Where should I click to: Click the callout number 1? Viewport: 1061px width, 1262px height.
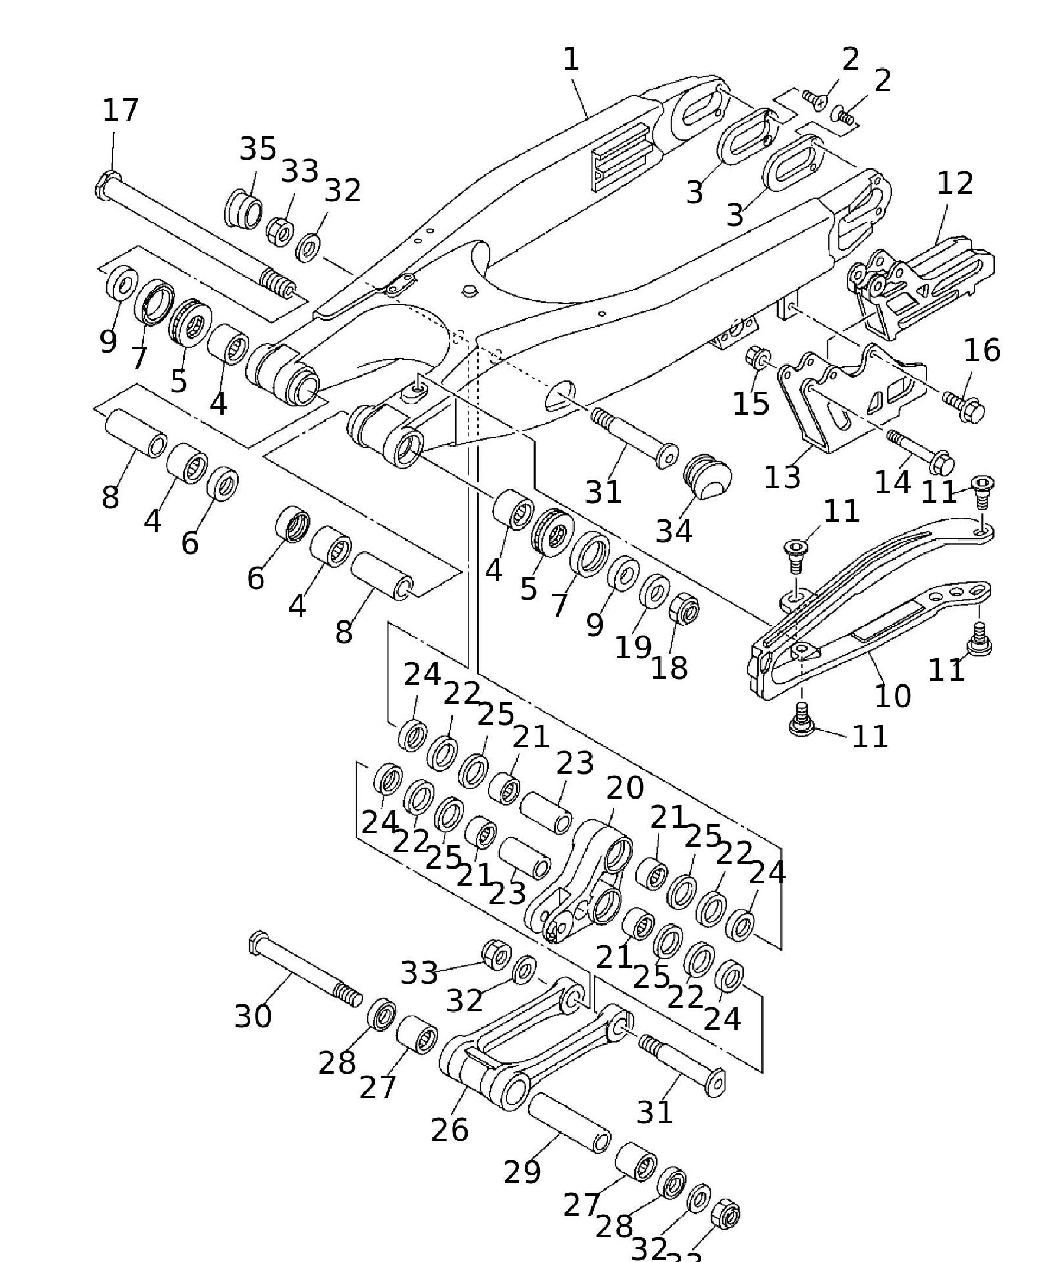571,60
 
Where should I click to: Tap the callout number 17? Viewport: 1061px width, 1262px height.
121,110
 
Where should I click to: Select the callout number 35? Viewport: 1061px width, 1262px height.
258,148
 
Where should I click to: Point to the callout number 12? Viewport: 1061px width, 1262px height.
955,184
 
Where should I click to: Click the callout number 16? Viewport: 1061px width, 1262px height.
982,350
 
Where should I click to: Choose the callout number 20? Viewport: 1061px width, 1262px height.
625,788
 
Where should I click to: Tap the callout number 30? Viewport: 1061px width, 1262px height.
253,1016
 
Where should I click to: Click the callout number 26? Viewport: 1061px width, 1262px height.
450,1130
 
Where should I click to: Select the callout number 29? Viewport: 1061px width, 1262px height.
522,1172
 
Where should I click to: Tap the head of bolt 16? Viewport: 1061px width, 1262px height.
972,413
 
